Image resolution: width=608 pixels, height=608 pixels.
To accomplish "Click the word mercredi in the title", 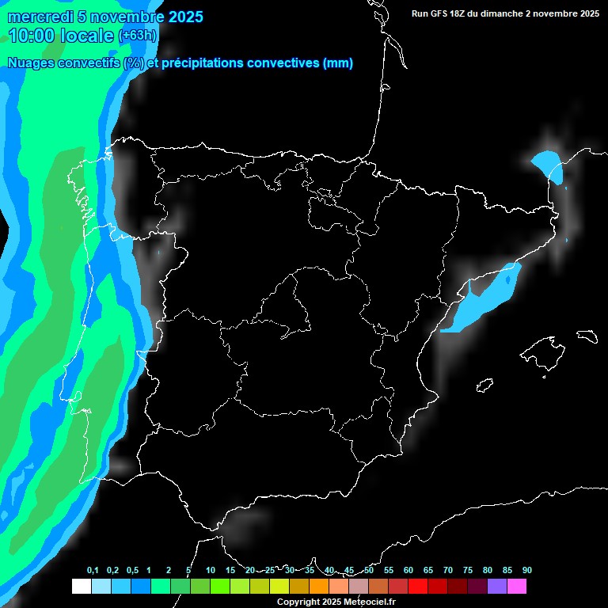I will pyautogui.click(x=40, y=17).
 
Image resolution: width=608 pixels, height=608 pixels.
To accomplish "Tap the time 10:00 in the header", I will pyautogui.click(x=32, y=36).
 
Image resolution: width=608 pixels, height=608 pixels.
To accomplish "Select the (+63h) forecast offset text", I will pyautogui.click(x=138, y=36).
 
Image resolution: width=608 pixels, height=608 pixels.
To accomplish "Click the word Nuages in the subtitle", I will pyautogui.click(x=32, y=63).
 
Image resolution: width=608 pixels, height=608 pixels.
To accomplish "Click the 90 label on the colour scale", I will pyautogui.click(x=527, y=570).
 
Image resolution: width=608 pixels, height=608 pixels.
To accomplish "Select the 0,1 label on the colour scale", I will pyautogui.click(x=93, y=570).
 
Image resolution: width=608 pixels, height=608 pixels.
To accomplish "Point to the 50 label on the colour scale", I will pyautogui.click(x=369, y=570).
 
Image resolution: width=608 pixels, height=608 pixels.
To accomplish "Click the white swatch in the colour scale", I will pyautogui.click(x=81, y=586).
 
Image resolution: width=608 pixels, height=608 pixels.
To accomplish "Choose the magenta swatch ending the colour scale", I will pyautogui.click(x=517, y=586).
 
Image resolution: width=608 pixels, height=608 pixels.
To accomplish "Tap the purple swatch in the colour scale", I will pyautogui.click(x=497, y=586).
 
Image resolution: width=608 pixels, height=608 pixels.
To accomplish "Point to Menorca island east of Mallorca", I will pyautogui.click(x=587, y=336).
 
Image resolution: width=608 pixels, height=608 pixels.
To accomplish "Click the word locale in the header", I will pyautogui.click(x=86, y=36).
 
